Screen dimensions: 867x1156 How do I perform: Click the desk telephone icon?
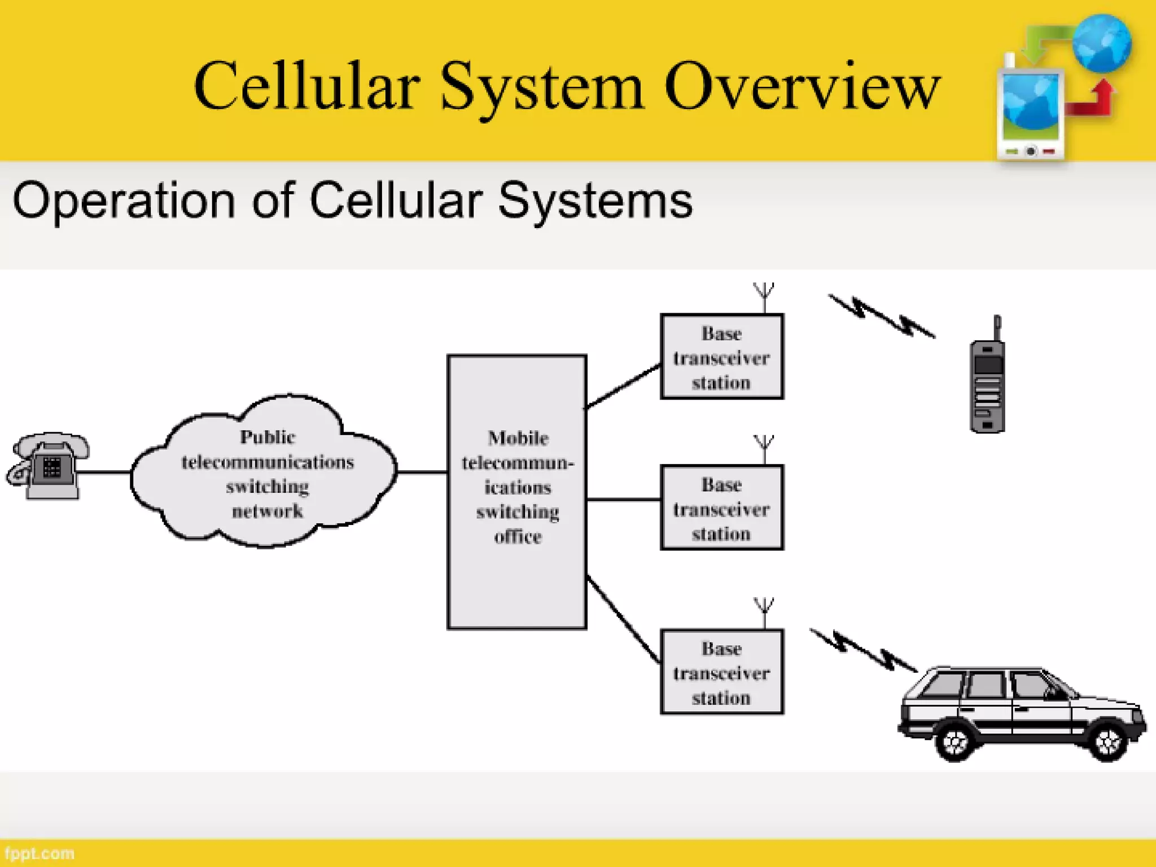pyautogui.click(x=47, y=466)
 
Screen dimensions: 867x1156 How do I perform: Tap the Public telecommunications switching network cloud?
pyautogui.click(x=265, y=474)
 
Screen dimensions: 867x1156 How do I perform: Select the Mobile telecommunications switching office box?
pyautogui.click(x=516, y=491)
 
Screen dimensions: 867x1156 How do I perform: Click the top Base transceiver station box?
pyautogui.click(x=721, y=357)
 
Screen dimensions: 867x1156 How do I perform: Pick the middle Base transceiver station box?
pyautogui.click(x=721, y=507)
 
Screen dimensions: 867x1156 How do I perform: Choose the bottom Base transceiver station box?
pyautogui.click(x=721, y=672)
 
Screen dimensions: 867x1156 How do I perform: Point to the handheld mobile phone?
pyautogui.click(x=987, y=384)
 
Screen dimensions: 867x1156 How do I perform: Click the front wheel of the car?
pyautogui.click(x=1107, y=740)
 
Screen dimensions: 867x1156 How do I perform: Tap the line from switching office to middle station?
pyautogui.click(x=624, y=500)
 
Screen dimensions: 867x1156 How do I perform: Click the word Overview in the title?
pyautogui.click(x=802, y=87)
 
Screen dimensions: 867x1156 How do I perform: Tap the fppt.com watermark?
pyautogui.click(x=40, y=853)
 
